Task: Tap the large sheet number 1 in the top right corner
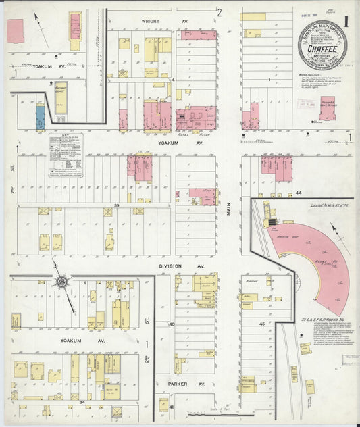345,20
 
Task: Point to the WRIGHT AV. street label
155,22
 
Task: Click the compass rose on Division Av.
61,281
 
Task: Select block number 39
117,205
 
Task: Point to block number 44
298,193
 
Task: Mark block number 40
172,324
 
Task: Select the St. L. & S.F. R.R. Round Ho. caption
320,319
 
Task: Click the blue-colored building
40,118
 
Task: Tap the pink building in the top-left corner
15,29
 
